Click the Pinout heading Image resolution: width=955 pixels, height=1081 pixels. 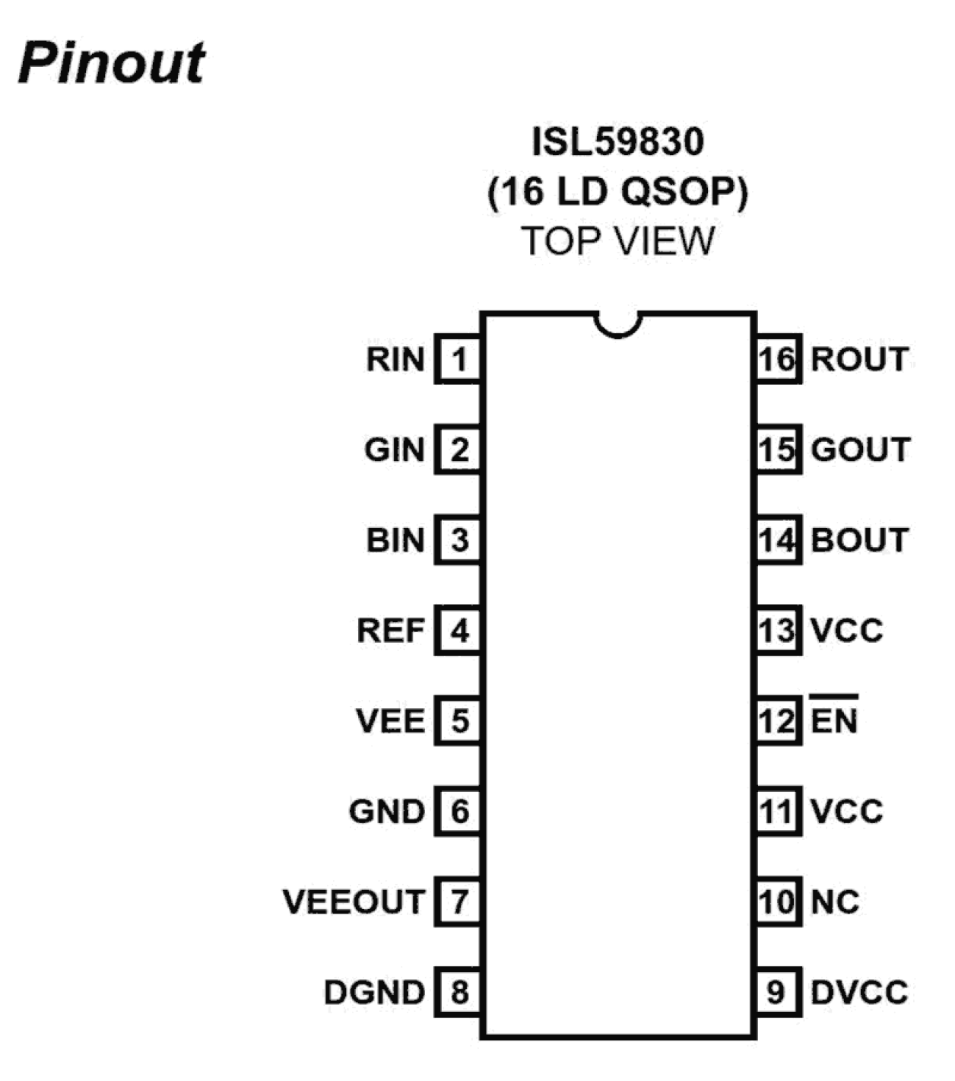click(112, 62)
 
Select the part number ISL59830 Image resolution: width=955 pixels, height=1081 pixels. click(617, 141)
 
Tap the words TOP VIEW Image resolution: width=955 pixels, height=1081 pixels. click(617, 241)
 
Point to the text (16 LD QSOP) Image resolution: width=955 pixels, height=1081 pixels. click(617, 191)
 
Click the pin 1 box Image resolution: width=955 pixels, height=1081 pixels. click(458, 359)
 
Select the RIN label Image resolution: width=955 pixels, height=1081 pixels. click(395, 359)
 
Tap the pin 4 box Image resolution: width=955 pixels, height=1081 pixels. click(458, 631)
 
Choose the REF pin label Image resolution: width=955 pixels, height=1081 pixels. click(391, 631)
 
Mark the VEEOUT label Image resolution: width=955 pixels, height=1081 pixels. click(354, 902)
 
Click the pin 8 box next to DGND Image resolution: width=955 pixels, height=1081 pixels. click(458, 992)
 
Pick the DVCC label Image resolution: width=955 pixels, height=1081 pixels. click(859, 992)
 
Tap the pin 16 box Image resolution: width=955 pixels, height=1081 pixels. click(777, 359)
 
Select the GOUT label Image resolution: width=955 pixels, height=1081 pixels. click(860, 450)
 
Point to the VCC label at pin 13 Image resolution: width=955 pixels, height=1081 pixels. click(846, 631)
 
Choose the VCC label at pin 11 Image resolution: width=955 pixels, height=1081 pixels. click(846, 812)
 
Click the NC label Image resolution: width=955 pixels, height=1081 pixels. click(835, 902)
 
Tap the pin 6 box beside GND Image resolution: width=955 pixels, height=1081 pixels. click(458, 812)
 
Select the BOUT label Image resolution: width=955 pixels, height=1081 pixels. click(860, 540)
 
